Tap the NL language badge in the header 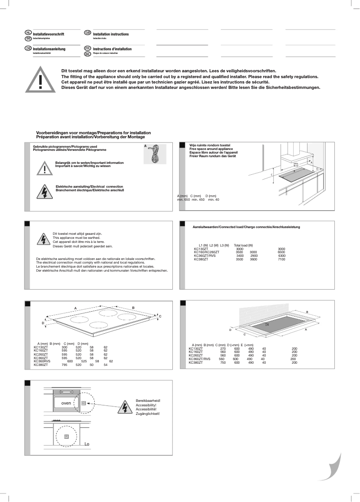coord(28,33)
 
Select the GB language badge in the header coord(88,33)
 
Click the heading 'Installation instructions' coord(111,34)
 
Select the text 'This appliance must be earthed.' coord(74,238)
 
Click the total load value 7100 coord(281,259)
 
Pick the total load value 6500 coord(281,252)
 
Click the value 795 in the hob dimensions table coord(64,365)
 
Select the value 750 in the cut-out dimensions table coord(223,362)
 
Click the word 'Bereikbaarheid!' coord(148,400)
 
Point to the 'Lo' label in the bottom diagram coord(87,444)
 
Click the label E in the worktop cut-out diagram coord(268,324)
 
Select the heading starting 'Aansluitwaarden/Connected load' coord(246,227)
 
